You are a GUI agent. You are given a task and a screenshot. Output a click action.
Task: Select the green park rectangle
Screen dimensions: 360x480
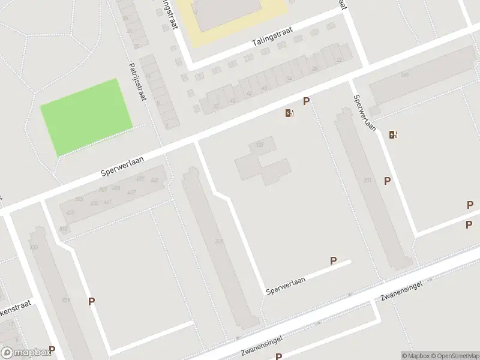[86, 117]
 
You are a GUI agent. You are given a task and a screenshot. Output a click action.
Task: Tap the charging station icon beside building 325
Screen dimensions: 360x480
[290, 113]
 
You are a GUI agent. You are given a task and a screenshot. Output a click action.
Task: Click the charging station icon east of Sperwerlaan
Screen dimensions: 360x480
[393, 134]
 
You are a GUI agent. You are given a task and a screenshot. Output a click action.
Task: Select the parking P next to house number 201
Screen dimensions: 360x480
[388, 181]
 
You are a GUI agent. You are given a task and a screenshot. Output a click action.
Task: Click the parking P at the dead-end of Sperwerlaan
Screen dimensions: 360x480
[334, 260]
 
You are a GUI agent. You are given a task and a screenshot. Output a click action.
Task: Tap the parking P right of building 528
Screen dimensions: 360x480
[91, 302]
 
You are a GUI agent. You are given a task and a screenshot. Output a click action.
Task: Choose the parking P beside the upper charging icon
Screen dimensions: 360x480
[306, 101]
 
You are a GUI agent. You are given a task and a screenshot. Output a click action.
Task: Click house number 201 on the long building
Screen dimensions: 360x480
[367, 180]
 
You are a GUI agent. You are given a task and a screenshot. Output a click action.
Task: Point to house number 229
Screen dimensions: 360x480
[219, 241]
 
